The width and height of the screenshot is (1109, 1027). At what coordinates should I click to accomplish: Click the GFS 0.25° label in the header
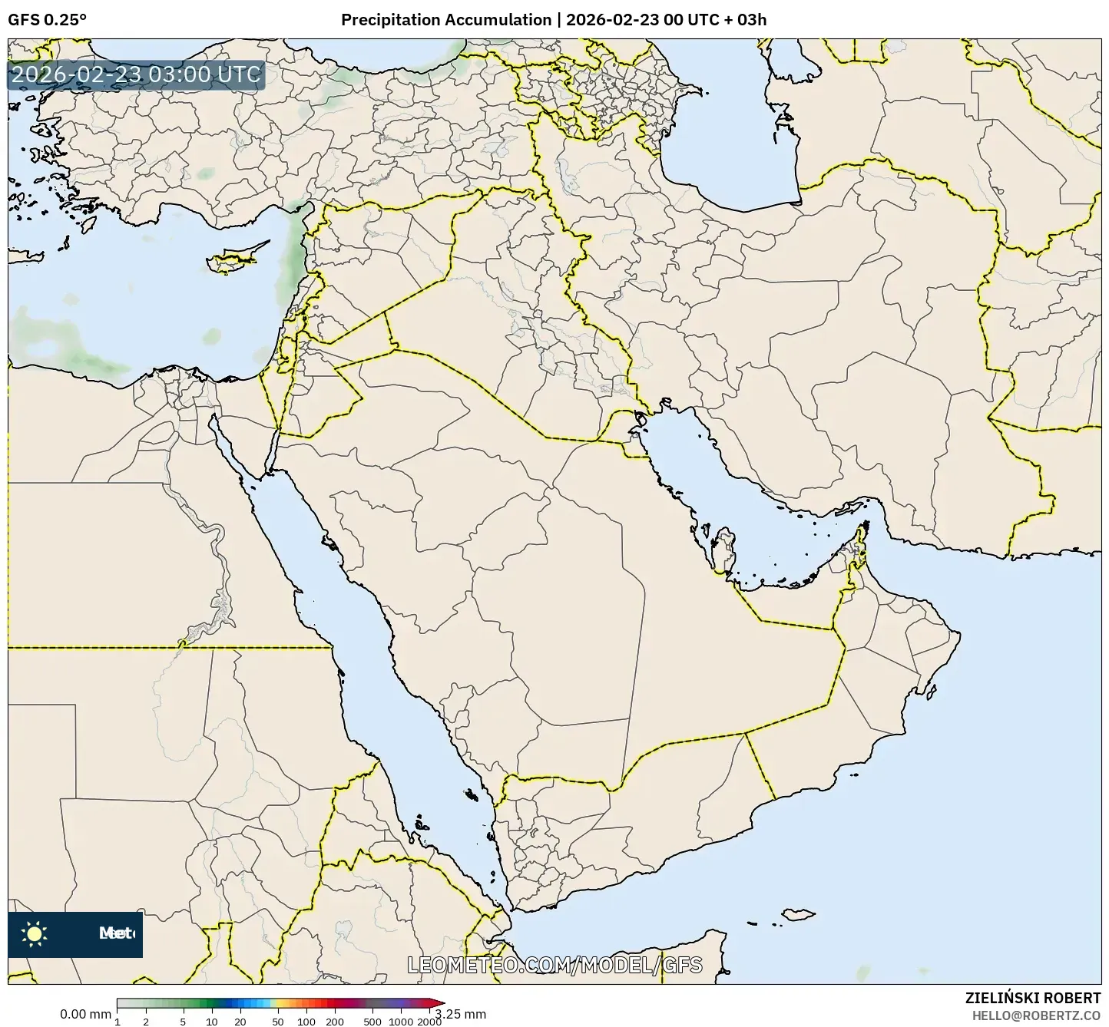pyautogui.click(x=47, y=20)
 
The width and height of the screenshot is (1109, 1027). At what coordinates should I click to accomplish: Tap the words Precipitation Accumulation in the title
pyautogui.click(x=446, y=20)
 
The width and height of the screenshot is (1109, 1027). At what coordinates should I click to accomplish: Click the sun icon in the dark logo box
pyautogui.click(x=35, y=934)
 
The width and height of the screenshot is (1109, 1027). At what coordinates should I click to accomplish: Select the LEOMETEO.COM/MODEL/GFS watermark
pyautogui.click(x=554, y=965)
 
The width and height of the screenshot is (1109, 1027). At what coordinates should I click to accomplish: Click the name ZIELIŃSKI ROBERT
pyautogui.click(x=1033, y=998)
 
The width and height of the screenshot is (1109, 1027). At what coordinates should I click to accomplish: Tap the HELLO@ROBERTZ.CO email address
pyautogui.click(x=1036, y=1015)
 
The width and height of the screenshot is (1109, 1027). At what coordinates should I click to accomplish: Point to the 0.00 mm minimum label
pyautogui.click(x=84, y=1015)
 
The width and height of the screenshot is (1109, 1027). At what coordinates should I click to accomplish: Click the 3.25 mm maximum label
pyautogui.click(x=461, y=1014)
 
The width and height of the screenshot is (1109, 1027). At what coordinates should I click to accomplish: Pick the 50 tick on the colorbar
pyautogui.click(x=278, y=1022)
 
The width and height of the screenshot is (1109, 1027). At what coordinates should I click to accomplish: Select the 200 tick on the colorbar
pyautogui.click(x=335, y=1022)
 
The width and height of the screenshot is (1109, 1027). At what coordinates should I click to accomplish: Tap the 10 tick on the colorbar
pyautogui.click(x=212, y=1022)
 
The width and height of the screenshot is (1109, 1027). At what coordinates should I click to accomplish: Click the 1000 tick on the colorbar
pyautogui.click(x=401, y=1022)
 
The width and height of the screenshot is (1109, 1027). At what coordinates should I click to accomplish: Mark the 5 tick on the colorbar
pyautogui.click(x=183, y=1022)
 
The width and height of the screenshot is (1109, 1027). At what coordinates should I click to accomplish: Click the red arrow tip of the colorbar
pyautogui.click(x=439, y=1002)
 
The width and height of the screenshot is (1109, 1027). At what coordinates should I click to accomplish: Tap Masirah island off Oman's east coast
pyautogui.click(x=932, y=692)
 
